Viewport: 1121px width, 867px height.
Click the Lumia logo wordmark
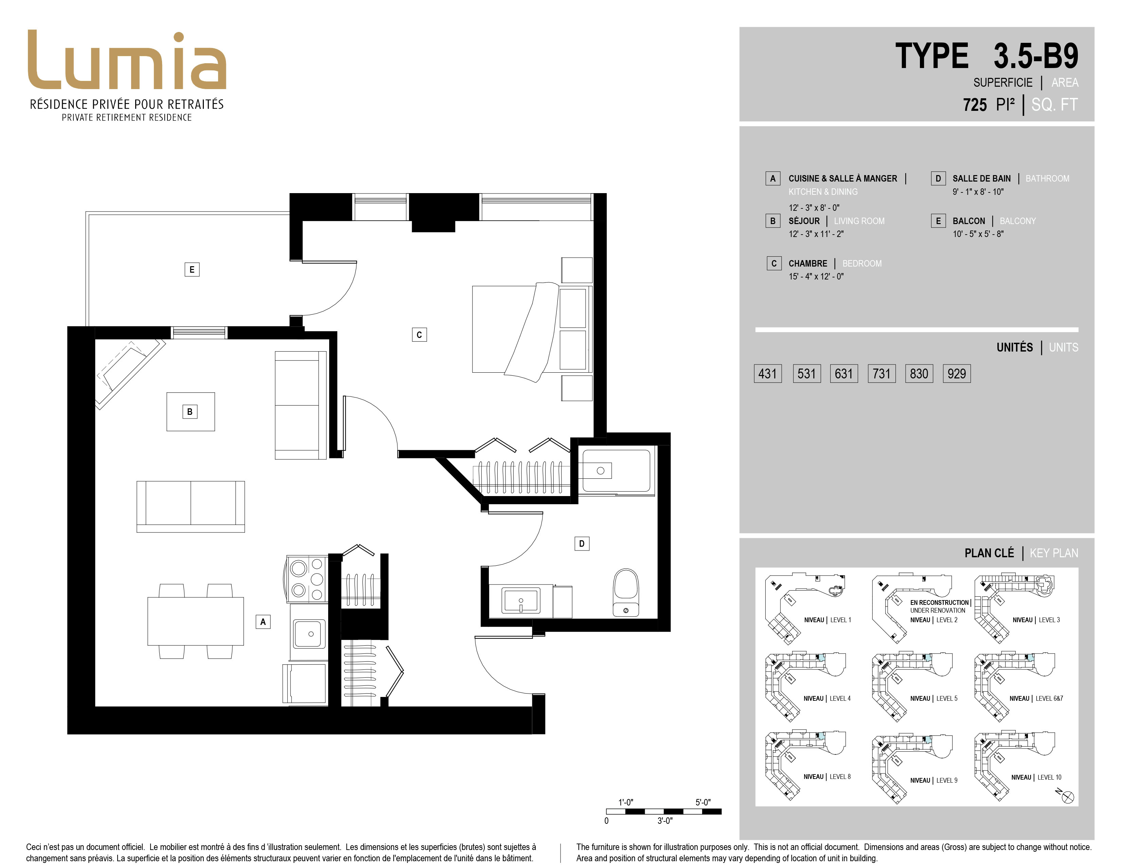tap(127, 60)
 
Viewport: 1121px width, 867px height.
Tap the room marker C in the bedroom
tap(419, 335)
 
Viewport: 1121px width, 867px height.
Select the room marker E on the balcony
tap(192, 269)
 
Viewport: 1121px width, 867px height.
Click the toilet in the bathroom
tap(626, 592)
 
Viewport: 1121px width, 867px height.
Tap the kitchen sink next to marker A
tap(309, 634)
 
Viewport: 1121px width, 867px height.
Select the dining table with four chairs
tap(196, 621)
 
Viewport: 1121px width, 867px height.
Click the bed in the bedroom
tap(533, 330)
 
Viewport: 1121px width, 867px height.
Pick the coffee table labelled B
tap(191, 412)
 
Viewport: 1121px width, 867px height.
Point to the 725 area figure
tap(975, 105)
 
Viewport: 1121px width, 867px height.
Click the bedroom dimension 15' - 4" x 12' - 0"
tap(816, 277)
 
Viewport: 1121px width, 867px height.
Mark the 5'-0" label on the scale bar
tap(703, 802)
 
